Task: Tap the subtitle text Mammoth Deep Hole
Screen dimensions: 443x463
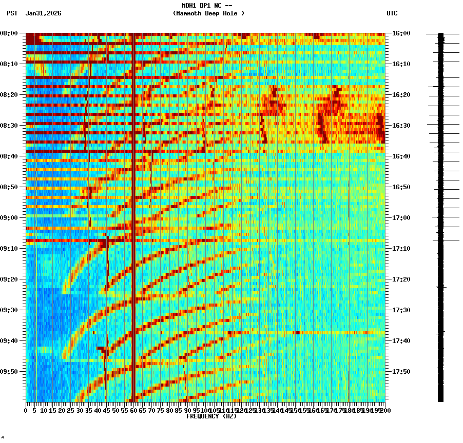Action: pyautogui.click(x=208, y=13)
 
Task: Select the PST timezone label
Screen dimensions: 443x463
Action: pyautogui.click(x=12, y=13)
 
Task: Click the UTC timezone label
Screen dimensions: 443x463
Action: pyautogui.click(x=392, y=13)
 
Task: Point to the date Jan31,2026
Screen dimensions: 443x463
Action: pyautogui.click(x=43, y=13)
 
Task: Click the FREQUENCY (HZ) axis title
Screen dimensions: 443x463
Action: pyautogui.click(x=211, y=416)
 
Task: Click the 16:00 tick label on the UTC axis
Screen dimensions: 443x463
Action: pyautogui.click(x=401, y=33)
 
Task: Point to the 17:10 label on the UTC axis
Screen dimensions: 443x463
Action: pyautogui.click(x=401, y=249)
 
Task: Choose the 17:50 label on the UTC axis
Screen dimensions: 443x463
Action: pyautogui.click(x=401, y=372)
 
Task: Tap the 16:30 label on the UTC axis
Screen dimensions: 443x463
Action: pyautogui.click(x=401, y=126)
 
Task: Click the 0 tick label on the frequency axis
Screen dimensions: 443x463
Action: pyautogui.click(x=26, y=410)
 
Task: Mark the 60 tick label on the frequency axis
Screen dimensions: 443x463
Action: pyautogui.click(x=133, y=410)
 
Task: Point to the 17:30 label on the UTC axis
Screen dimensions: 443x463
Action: pyautogui.click(x=401, y=310)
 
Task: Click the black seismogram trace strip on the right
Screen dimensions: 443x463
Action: pyautogui.click(x=440, y=215)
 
